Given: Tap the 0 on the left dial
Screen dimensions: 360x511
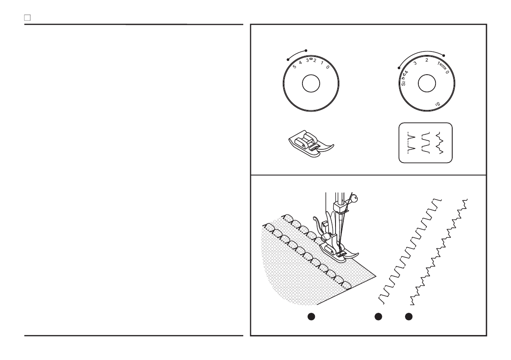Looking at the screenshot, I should coord(327,67).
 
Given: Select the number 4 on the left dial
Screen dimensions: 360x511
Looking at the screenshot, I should coord(301,62).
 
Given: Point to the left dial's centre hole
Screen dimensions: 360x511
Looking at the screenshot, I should coord(311,84).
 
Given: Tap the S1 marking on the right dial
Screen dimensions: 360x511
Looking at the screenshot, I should coord(437,103).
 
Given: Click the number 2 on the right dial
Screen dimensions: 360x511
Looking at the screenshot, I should coord(426,61).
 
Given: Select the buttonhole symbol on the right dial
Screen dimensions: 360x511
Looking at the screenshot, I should coord(443,68).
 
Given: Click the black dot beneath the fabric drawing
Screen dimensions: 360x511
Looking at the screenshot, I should coord(311,317).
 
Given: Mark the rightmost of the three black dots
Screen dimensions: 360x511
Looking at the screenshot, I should coord(409,317).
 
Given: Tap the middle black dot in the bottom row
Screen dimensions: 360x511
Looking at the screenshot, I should coord(378,317).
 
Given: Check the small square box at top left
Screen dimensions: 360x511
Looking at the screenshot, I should coord(27,18).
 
